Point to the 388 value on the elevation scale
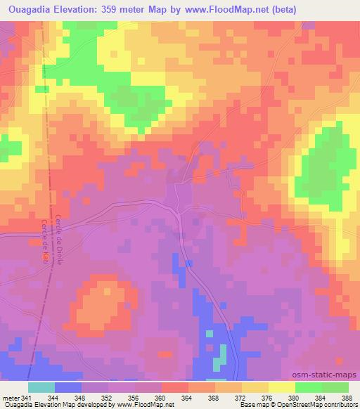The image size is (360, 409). pyautogui.click(x=347, y=398)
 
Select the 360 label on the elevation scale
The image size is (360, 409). pyautogui.click(x=160, y=398)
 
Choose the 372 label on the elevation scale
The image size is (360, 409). pyautogui.click(x=240, y=398)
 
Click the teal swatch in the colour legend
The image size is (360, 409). pyautogui.click(x=41, y=387)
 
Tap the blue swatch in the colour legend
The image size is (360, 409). pyautogui.click(x=67, y=387)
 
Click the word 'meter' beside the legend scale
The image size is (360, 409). pyautogui.click(x=8, y=398)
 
